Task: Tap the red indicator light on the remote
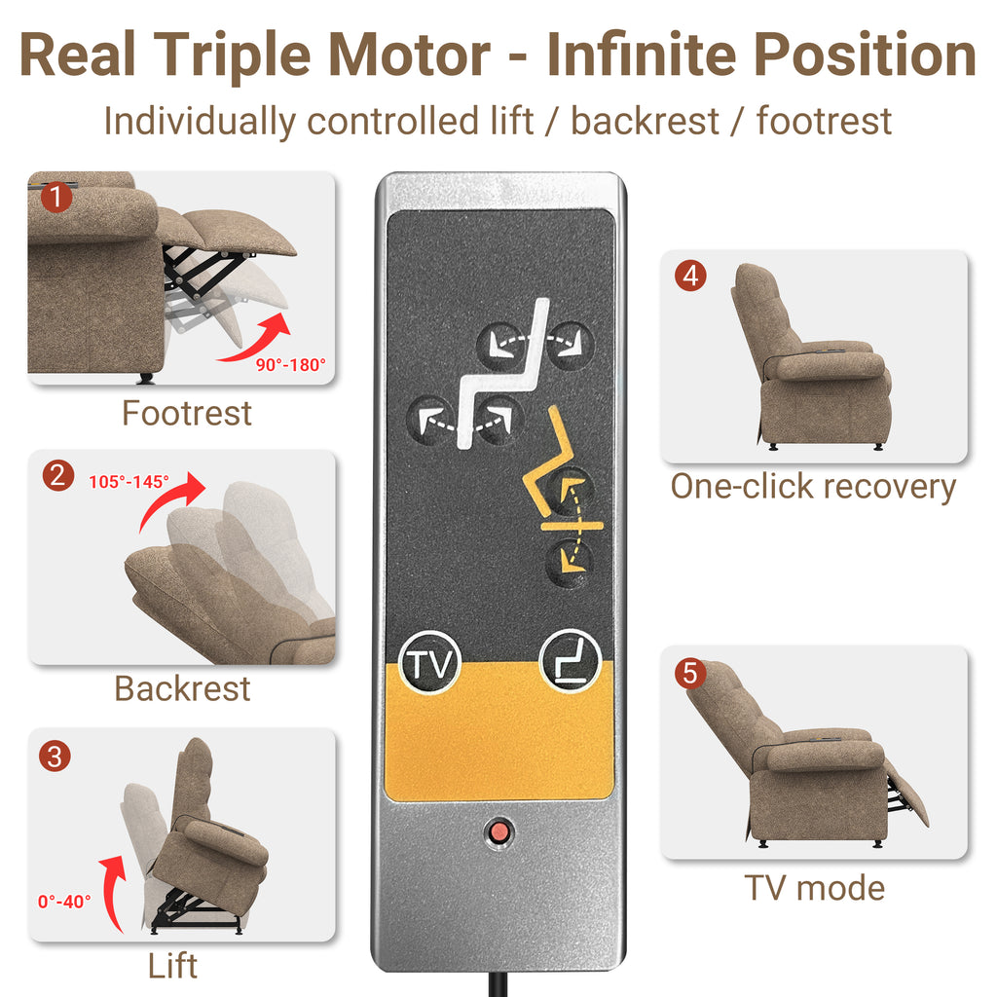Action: (x=499, y=831)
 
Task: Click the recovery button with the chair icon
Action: (x=570, y=661)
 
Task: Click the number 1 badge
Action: (x=56, y=197)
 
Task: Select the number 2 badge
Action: (x=57, y=475)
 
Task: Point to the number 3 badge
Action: (x=55, y=757)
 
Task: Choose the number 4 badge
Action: (x=690, y=276)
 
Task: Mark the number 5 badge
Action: (x=690, y=674)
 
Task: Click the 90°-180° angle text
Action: (x=290, y=365)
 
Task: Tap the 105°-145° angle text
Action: (x=129, y=482)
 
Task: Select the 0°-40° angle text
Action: (x=64, y=902)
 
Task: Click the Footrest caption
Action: (x=187, y=413)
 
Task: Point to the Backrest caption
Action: (x=182, y=688)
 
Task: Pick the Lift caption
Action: (x=172, y=966)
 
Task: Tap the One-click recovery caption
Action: (x=813, y=487)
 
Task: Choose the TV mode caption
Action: (x=815, y=888)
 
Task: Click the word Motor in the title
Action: (x=409, y=55)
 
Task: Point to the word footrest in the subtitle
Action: (x=824, y=121)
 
